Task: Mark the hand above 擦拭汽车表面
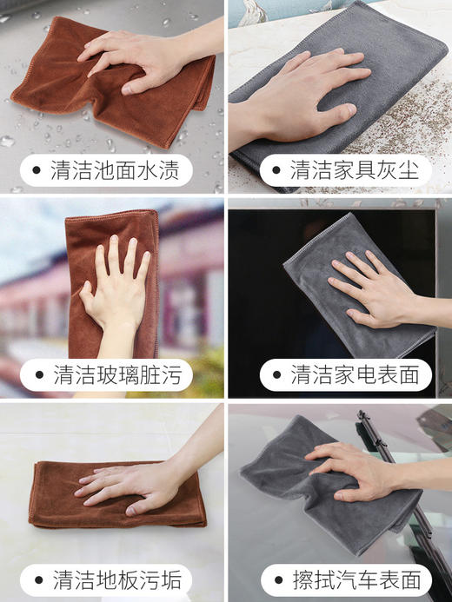[356, 469]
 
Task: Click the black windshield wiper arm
[409, 486]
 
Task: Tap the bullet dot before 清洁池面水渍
[37, 171]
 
